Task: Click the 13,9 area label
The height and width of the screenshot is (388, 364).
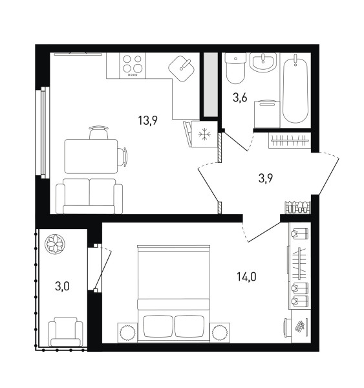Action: tap(147, 121)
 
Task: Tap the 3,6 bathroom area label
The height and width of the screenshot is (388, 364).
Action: tap(240, 98)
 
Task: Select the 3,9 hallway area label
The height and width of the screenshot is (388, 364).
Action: tap(266, 178)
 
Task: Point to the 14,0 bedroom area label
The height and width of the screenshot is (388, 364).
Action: tap(246, 276)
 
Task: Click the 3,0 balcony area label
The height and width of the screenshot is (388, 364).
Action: tap(62, 286)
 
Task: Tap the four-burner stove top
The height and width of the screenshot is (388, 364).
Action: tap(133, 65)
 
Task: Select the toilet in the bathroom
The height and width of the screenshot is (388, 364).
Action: tap(235, 69)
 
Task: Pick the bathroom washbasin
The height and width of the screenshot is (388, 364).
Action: tap(262, 62)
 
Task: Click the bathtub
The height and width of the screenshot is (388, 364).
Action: tap(295, 89)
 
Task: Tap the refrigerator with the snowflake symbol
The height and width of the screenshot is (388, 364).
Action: tap(204, 134)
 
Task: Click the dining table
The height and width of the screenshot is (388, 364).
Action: tap(91, 156)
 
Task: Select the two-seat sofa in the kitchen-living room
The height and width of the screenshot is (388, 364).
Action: tap(89, 196)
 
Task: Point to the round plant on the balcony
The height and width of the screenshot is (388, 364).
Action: tap(55, 244)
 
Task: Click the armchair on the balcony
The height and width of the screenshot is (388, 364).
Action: tap(65, 332)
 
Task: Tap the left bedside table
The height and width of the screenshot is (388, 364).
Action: tap(127, 332)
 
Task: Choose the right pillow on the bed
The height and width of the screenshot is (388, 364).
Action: tap(189, 326)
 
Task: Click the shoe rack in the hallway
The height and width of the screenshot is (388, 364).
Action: tap(297, 208)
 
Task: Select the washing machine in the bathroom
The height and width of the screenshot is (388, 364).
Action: tap(267, 114)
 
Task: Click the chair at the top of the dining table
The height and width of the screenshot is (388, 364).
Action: tap(99, 133)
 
